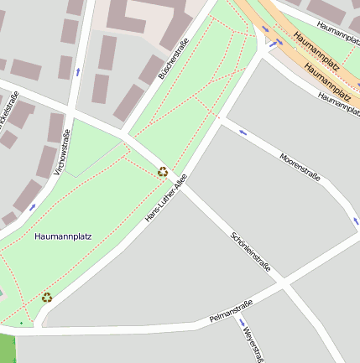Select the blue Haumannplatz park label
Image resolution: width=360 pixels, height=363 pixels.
[x=63, y=237]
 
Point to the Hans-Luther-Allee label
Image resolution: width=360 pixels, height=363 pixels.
[x=165, y=198]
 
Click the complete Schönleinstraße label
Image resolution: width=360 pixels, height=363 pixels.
[x=250, y=252]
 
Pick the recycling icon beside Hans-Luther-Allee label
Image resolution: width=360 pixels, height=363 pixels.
[x=162, y=172]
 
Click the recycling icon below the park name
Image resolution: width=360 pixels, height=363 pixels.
[x=47, y=297]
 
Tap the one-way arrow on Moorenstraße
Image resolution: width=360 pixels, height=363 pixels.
[x=243, y=131]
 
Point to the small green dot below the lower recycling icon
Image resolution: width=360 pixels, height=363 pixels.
[x=23, y=322]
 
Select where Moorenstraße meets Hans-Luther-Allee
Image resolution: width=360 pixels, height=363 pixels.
[x=220, y=117]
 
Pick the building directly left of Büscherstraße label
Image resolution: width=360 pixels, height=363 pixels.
[x=129, y=101]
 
